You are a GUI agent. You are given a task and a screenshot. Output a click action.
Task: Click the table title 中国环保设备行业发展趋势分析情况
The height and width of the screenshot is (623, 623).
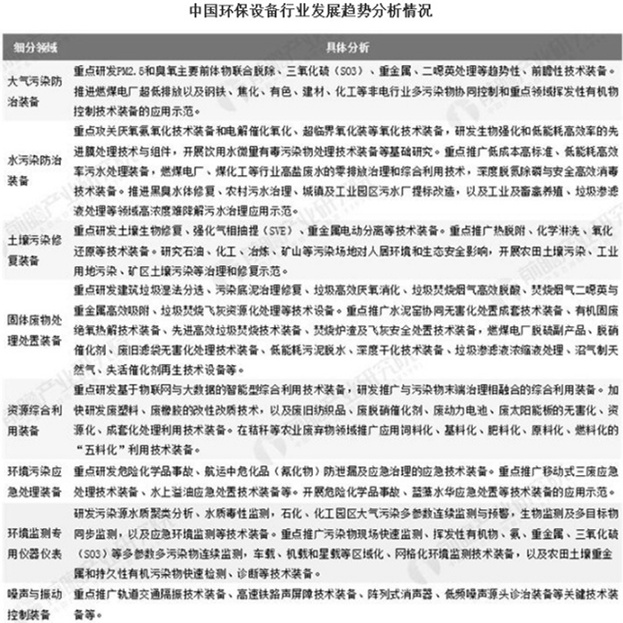[311, 13]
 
